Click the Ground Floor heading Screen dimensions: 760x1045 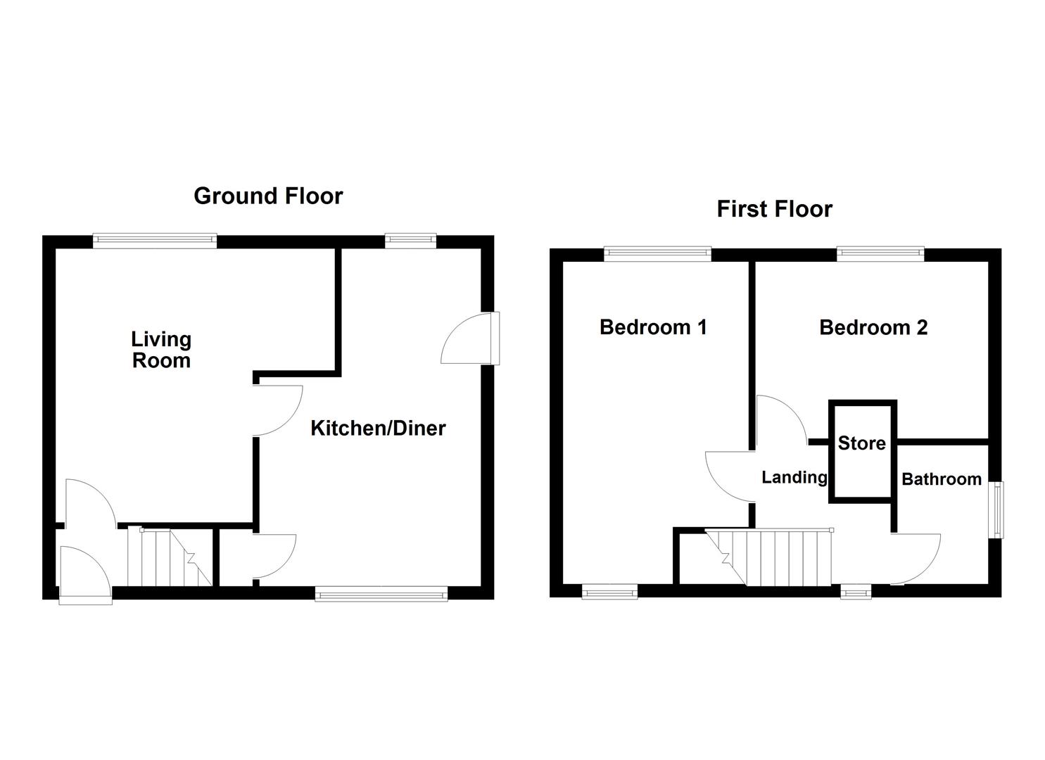tap(268, 196)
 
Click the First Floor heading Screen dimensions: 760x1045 tap(774, 209)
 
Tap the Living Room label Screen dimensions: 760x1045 tap(161, 350)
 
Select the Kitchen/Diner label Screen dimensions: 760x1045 tap(378, 428)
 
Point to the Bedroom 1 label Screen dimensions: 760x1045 tap(652, 327)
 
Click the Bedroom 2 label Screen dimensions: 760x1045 tap(873, 327)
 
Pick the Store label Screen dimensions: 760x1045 tap(861, 443)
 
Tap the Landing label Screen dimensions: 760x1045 tap(794, 477)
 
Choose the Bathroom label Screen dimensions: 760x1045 tap(941, 479)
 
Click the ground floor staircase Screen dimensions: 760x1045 tap(170, 558)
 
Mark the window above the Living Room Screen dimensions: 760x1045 tap(155, 241)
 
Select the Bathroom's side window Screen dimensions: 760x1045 tap(997, 510)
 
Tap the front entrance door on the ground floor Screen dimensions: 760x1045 tap(84, 574)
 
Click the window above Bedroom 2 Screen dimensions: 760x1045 tap(880, 253)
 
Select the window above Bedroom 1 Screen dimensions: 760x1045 tap(658, 253)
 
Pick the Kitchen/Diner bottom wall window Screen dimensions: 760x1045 tap(381, 594)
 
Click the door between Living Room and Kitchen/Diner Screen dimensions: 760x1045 tap(277, 411)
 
